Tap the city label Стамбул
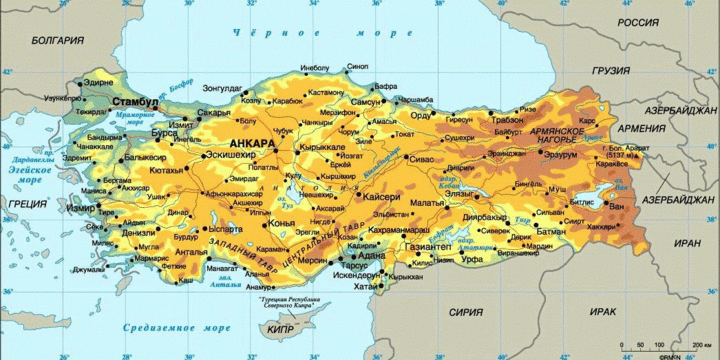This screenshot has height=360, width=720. pyautogui.click(x=135, y=103)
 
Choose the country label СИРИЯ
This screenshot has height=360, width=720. pyautogui.click(x=465, y=311)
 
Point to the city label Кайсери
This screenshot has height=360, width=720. pyautogui.click(x=382, y=198)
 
